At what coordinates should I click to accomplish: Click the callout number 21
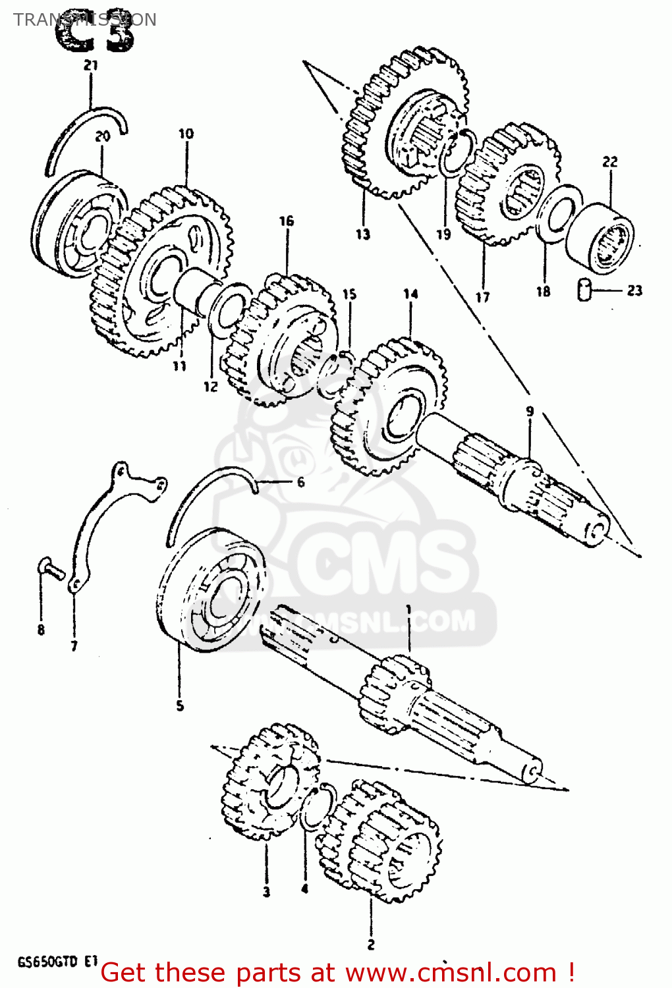tap(91, 65)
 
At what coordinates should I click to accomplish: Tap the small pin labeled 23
tap(584, 290)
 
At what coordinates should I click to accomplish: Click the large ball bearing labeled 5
tap(211, 590)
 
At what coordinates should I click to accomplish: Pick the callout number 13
tap(363, 234)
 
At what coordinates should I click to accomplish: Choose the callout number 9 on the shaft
tap(530, 412)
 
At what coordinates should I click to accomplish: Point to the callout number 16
tap(287, 221)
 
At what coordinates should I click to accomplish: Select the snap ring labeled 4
tap(315, 807)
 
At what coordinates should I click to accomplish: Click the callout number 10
tap(186, 134)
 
